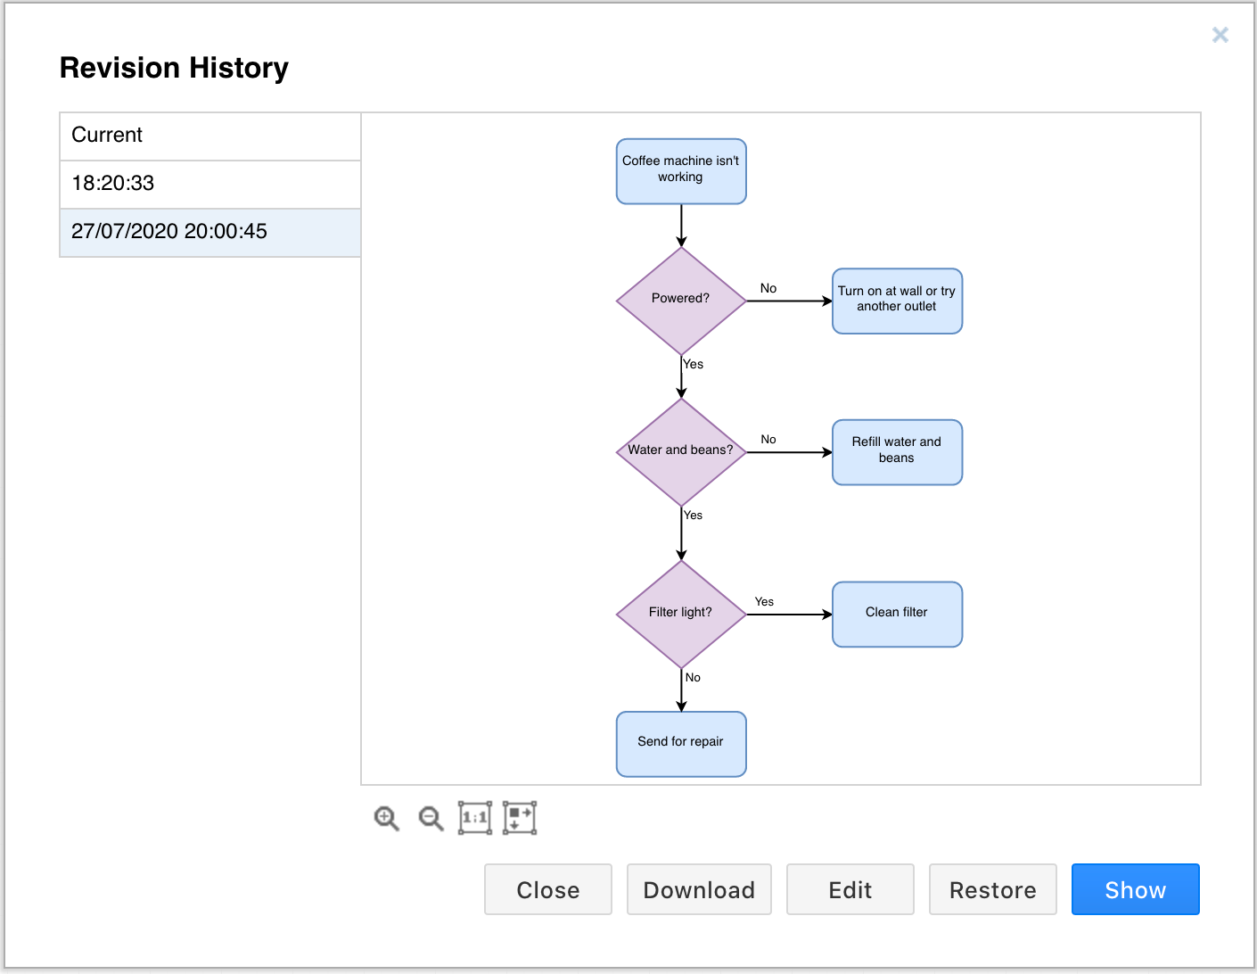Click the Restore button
(x=992, y=889)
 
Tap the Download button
(x=699, y=889)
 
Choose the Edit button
(x=850, y=889)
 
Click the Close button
(x=547, y=889)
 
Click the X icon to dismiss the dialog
(x=1220, y=36)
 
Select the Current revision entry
(x=210, y=136)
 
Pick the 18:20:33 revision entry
(x=210, y=184)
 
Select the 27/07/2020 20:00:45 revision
(x=210, y=232)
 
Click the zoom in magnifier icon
(x=386, y=818)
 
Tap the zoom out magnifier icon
(x=431, y=818)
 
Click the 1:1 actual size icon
(x=475, y=818)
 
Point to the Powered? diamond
(x=681, y=301)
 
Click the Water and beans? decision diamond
(x=681, y=452)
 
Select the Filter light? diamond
(x=681, y=614)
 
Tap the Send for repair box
(x=681, y=744)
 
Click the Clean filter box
(x=897, y=614)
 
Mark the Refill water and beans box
(x=897, y=452)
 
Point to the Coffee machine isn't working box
(x=681, y=171)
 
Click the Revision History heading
(x=174, y=68)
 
